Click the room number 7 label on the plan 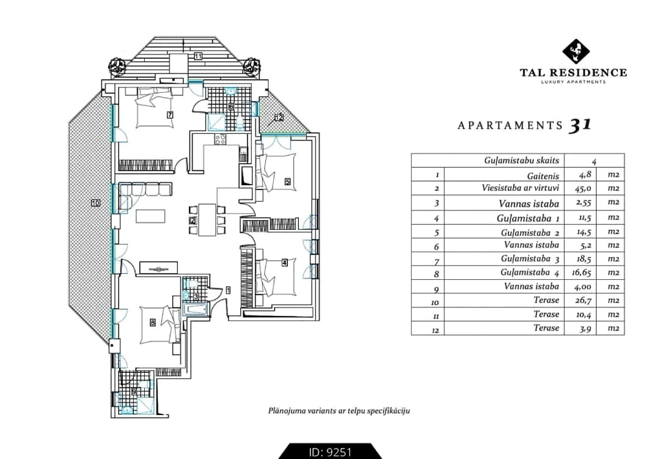coord(170,114)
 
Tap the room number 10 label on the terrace coord(95,203)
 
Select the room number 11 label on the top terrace coord(198,56)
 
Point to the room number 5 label coord(287,182)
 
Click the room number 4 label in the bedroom coord(285,263)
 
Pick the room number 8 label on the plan coord(153,323)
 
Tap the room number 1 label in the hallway coord(228,290)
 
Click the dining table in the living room coord(207,220)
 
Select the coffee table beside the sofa coord(150,216)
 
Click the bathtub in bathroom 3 coord(196,310)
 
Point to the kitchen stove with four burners coord(221,139)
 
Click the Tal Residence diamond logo coord(576,51)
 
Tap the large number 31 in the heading coord(580,125)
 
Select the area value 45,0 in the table coord(584,188)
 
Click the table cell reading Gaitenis coord(543,176)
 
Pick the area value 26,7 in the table coord(584,300)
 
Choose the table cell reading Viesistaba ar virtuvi coord(520,188)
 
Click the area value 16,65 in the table coord(582,273)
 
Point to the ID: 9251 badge coord(330,452)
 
